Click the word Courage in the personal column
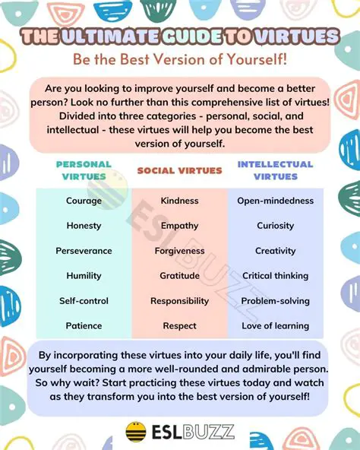[x=84, y=201]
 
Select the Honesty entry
[x=84, y=226]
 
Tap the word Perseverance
[x=84, y=251]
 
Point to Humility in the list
[x=84, y=276]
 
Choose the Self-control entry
[x=84, y=301]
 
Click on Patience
[x=84, y=326]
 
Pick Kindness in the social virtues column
[x=179, y=201]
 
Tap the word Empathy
[x=179, y=226]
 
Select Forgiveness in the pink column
[x=179, y=251]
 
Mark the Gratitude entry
[x=179, y=276]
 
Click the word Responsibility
[x=179, y=301]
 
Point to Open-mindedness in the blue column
[x=276, y=201]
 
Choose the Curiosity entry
[x=276, y=226]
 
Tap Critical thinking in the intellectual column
[x=276, y=276]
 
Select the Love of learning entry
[x=276, y=326]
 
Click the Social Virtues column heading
[x=179, y=171]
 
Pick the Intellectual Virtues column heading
[x=276, y=170]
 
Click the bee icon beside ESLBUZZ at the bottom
[x=136, y=431]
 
